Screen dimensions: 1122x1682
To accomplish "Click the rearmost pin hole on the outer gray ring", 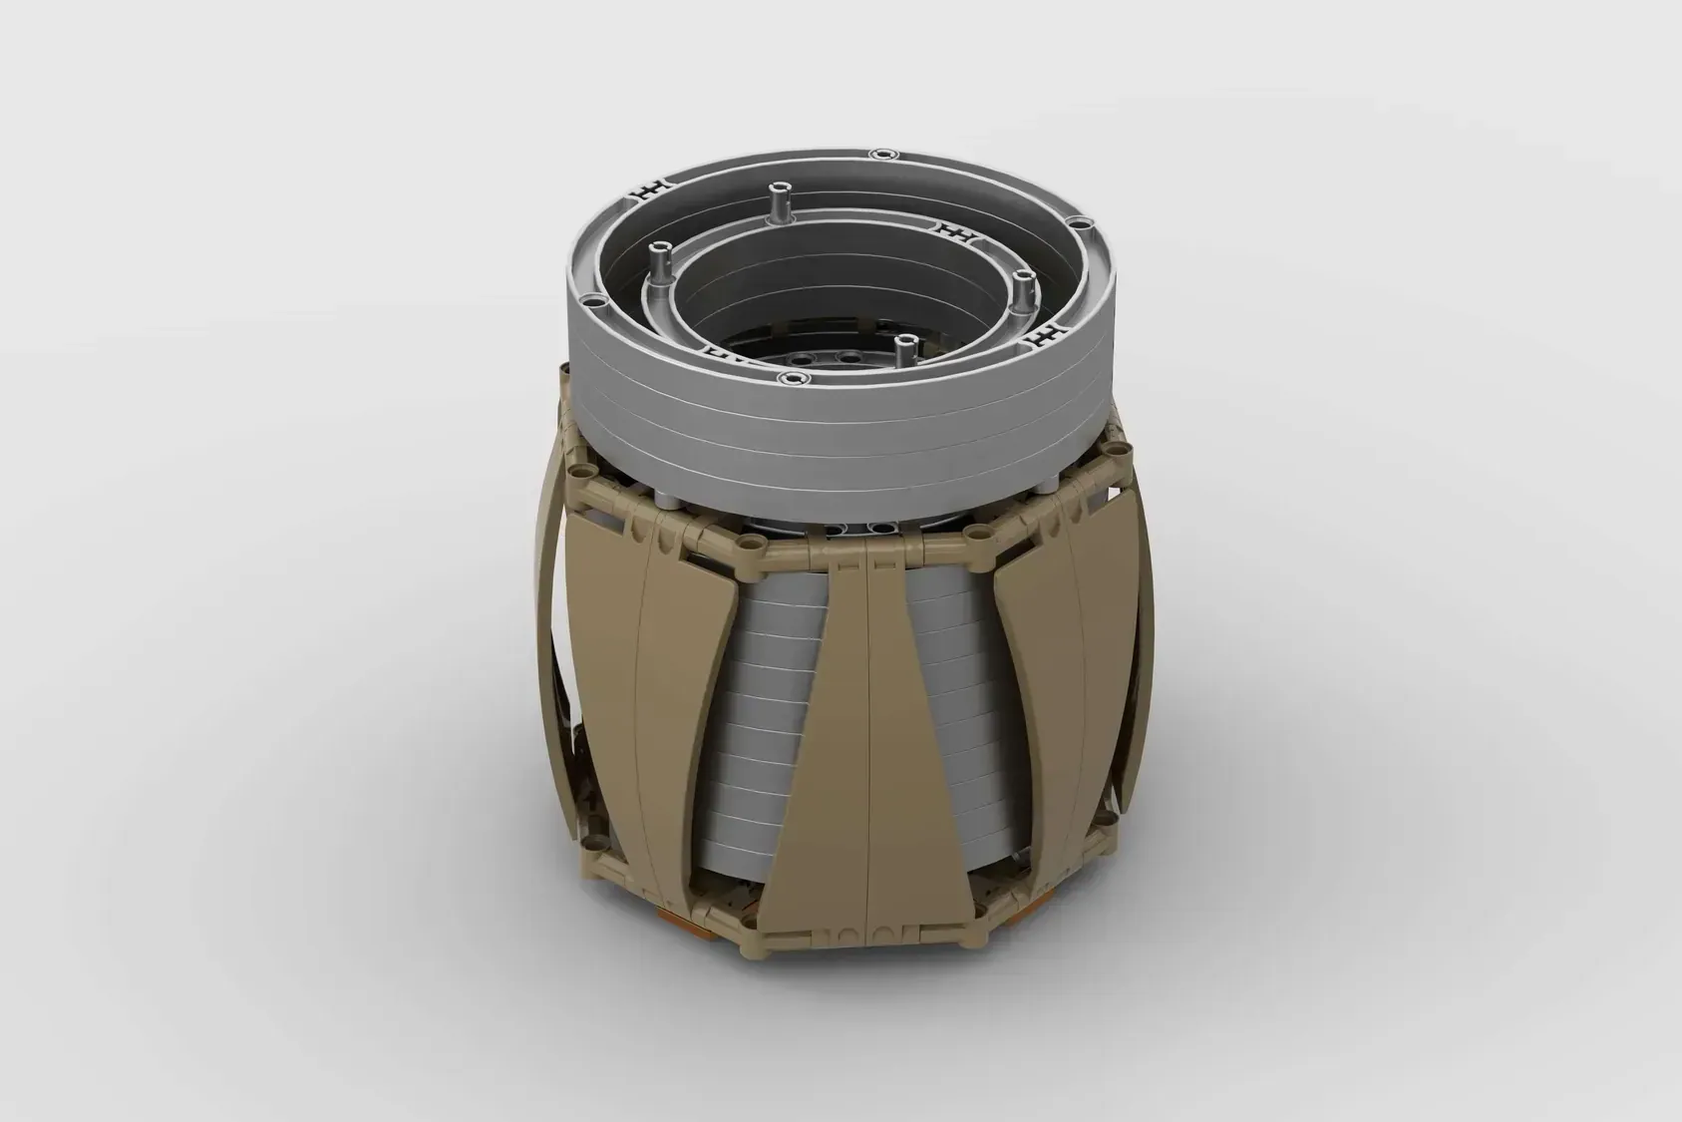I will coord(878,154).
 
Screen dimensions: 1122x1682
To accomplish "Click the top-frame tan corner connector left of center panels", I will coord(750,545).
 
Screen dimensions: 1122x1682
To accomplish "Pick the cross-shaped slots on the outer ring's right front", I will coord(1044,333).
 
